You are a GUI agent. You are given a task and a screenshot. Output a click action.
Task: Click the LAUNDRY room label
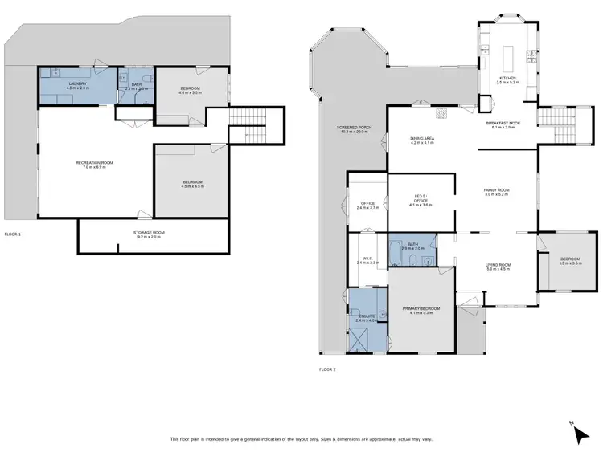click(x=78, y=84)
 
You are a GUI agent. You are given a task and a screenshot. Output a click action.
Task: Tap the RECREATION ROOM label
click(x=94, y=165)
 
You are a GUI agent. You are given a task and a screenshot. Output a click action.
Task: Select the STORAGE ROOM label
click(x=148, y=234)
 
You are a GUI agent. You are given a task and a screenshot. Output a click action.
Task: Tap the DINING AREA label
click(x=422, y=140)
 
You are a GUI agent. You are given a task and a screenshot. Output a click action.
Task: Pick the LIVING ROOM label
click(x=498, y=267)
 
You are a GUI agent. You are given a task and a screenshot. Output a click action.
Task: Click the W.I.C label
click(x=367, y=260)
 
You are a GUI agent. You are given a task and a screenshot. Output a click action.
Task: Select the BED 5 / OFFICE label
click(x=421, y=202)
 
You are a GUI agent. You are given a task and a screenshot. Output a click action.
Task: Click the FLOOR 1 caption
click(x=13, y=234)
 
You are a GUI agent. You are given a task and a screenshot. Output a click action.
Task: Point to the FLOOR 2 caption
click(x=327, y=369)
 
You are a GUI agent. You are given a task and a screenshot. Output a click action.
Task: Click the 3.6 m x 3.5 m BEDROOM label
click(x=571, y=260)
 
